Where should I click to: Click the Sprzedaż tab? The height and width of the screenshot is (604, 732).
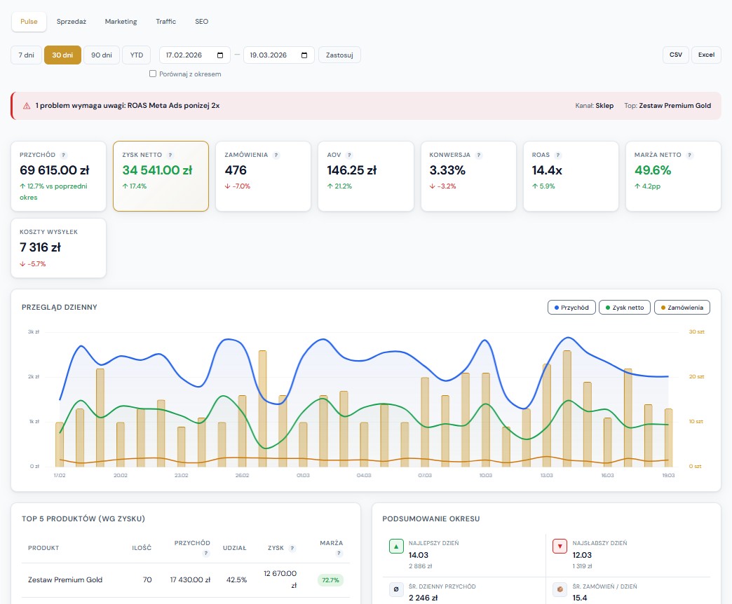72,22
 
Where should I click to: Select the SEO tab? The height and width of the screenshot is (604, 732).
201,22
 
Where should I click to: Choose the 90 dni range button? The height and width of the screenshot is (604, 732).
102,55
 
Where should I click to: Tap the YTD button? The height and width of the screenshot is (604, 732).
136,55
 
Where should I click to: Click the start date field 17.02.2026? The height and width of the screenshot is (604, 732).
194,55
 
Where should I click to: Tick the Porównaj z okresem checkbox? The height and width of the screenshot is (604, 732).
153,74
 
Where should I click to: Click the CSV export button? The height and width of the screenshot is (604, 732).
675,55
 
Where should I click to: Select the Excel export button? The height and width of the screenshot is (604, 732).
706,55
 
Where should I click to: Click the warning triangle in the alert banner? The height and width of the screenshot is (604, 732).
27,106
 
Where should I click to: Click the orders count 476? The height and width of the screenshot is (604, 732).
237,170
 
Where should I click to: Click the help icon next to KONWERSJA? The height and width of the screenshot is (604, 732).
479,155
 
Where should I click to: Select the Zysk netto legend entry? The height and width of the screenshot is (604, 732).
624,308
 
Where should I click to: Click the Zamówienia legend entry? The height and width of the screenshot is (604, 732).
682,308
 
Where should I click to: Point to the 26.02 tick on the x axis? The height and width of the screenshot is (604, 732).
242,475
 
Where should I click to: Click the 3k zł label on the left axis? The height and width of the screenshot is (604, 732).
33,331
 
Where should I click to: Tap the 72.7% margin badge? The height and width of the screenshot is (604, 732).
330,580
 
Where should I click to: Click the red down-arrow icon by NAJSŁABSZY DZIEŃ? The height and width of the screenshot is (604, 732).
560,546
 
